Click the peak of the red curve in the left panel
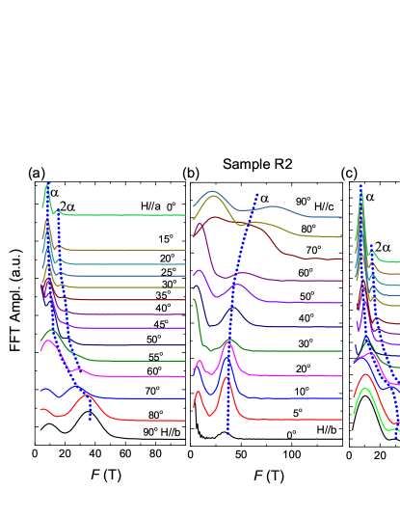point(87,395)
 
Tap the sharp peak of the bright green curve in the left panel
point(47,184)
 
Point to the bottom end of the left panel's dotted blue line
point(91,419)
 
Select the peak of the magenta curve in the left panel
point(45,341)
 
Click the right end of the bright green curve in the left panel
point(185,215)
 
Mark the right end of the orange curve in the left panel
point(185,250)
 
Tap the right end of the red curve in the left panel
point(185,421)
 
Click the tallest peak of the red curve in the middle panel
point(227,377)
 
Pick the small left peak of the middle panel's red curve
point(199,392)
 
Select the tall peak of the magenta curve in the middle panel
point(227,345)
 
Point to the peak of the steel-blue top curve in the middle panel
point(213,190)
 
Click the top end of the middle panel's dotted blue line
point(257,195)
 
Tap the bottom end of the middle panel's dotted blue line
point(228,434)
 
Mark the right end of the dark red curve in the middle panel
point(342,259)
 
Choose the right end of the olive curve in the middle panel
point(342,236)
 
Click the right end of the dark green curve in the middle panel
point(342,350)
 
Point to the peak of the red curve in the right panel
point(364,375)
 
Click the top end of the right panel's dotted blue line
point(361,186)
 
